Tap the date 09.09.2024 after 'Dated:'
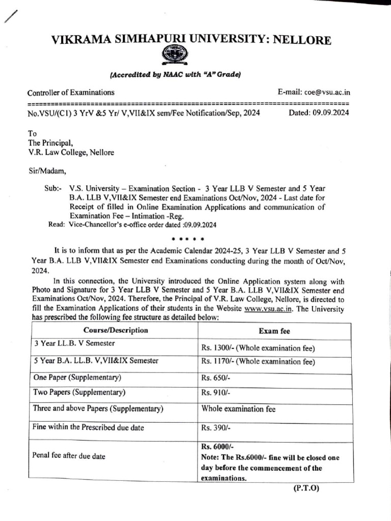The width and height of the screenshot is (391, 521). pos(329,113)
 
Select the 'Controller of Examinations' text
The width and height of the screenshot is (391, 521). pos(71,92)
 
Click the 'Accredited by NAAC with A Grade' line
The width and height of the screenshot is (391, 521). pos(175,75)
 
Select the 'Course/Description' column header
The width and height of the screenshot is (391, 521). pos(116,330)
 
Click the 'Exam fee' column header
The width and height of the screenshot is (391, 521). pos(274,331)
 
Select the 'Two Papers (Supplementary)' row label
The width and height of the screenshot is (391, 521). pos(79,392)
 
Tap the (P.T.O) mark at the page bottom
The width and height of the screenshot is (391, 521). pos(305,488)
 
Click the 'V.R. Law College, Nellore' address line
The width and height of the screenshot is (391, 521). pos(71,152)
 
